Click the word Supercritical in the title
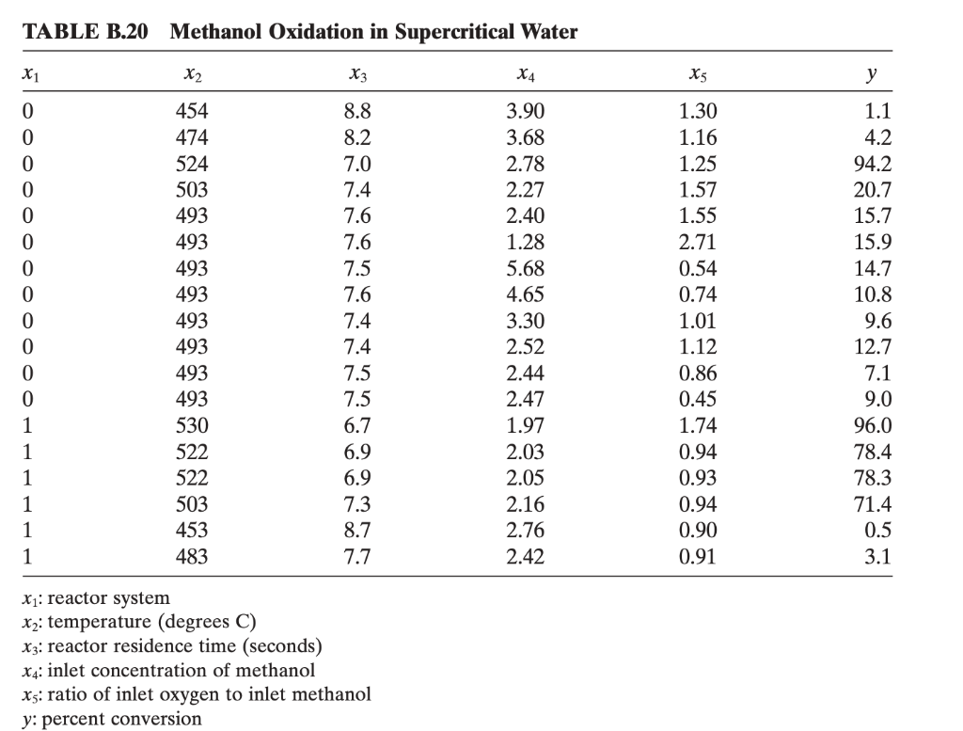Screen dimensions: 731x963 [x=451, y=32]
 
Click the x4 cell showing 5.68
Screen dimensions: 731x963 [x=525, y=266]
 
